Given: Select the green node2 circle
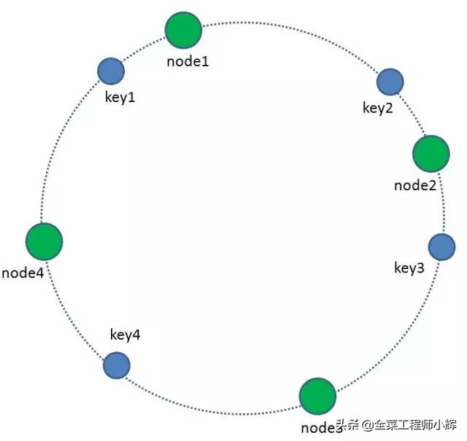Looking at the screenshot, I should coord(431,153).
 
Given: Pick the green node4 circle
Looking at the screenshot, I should coord(44,241).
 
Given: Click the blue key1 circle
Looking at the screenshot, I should coord(111,71).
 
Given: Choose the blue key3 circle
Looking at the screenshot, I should coord(441,248).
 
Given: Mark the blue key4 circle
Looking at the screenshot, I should coord(117,366).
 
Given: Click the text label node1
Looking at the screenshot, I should coord(188,61).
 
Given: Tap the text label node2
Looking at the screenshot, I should coord(415,185).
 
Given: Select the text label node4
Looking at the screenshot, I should coord(23,273).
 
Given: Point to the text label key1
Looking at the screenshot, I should coord(121,97).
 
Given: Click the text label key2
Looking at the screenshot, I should coord(378,108).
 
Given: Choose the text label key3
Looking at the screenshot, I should coord(409,268).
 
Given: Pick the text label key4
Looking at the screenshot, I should coord(125,335).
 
